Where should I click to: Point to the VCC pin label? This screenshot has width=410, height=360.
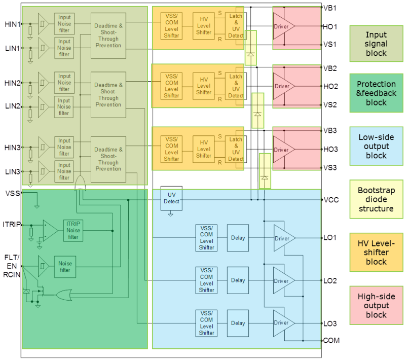click(331, 200)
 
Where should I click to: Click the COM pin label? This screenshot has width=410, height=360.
click(331, 341)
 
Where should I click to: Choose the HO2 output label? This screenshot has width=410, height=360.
click(330, 86)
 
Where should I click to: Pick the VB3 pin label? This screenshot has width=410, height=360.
click(330, 130)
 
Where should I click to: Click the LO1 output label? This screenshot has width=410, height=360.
click(330, 237)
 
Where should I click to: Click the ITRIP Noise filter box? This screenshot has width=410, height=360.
click(73, 230)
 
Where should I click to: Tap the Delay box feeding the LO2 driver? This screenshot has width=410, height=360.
click(238, 280)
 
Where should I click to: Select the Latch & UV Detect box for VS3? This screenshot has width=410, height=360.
click(236, 149)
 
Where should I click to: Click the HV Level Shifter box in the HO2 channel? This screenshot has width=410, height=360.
click(204, 86)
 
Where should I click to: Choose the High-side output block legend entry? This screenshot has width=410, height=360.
click(376, 306)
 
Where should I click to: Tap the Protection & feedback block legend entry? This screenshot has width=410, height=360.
click(376, 93)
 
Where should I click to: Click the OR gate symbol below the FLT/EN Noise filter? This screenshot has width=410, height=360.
click(65, 295)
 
